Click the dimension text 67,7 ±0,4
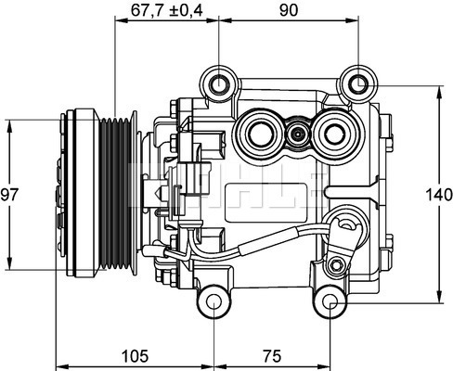coord(166,11)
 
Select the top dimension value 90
coord(289,11)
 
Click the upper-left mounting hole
coord(219,85)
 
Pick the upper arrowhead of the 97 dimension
coord(9,122)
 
